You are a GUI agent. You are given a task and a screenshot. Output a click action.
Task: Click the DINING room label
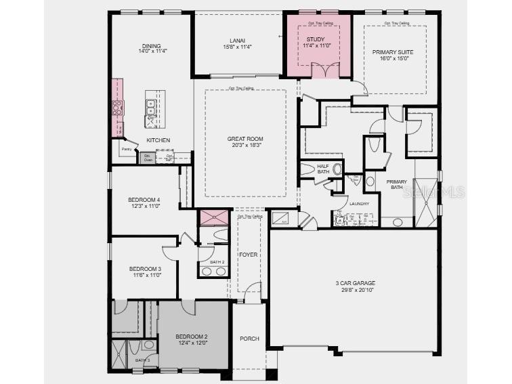point(151,46)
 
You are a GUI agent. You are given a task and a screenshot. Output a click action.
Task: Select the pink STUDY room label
point(315,39)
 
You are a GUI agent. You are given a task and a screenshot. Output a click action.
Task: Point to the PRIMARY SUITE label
point(392,51)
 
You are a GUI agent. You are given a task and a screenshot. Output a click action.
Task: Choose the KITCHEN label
point(158,140)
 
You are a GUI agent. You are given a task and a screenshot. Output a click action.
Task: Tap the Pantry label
point(126,149)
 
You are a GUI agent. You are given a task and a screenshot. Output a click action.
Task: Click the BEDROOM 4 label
point(144,200)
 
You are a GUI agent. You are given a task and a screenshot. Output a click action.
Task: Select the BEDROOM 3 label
point(145,269)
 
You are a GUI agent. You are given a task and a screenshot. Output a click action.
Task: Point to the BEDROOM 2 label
point(192,337)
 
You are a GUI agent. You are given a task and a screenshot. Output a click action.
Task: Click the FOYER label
point(248,255)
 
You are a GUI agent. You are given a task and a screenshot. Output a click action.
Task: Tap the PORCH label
point(249,339)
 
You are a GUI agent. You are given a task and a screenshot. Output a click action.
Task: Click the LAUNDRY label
point(358,203)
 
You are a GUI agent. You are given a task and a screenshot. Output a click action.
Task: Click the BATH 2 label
point(217,262)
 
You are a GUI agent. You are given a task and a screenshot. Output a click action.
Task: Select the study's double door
point(324,70)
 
